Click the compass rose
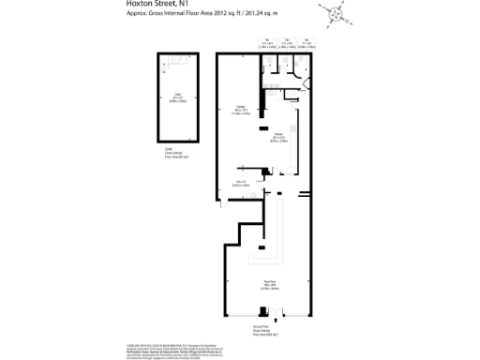tap(336, 12)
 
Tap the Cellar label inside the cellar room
tap(176, 93)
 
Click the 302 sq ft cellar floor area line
tap(177, 158)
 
